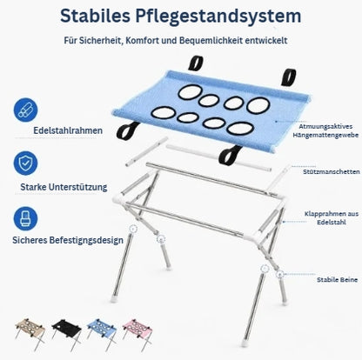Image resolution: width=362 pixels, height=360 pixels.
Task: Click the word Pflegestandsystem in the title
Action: [x=218, y=17]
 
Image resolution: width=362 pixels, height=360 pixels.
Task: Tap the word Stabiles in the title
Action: [x=95, y=16]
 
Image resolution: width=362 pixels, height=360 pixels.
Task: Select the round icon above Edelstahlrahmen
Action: [x=25, y=110]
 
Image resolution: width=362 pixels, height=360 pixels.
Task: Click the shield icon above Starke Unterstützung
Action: [x=25, y=163]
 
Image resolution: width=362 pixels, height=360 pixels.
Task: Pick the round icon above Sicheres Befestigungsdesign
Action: [x=25, y=218]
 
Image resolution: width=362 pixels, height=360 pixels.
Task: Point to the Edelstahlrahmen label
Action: [x=68, y=130]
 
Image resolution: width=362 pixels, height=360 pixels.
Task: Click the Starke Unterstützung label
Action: [x=64, y=187]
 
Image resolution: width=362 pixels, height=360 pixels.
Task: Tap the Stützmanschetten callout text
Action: [x=332, y=171]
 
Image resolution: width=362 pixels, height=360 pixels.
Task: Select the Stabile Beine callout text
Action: [x=337, y=280]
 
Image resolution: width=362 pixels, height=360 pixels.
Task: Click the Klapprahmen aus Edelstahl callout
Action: [x=332, y=218]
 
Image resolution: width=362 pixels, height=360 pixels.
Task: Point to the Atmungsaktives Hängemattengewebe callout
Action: [x=325, y=130]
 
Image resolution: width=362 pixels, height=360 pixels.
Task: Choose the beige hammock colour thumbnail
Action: [x=30, y=333]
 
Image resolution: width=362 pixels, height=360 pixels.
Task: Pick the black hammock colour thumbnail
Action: [x=66, y=333]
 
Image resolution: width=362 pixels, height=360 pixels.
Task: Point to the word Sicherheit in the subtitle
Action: [x=100, y=40]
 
